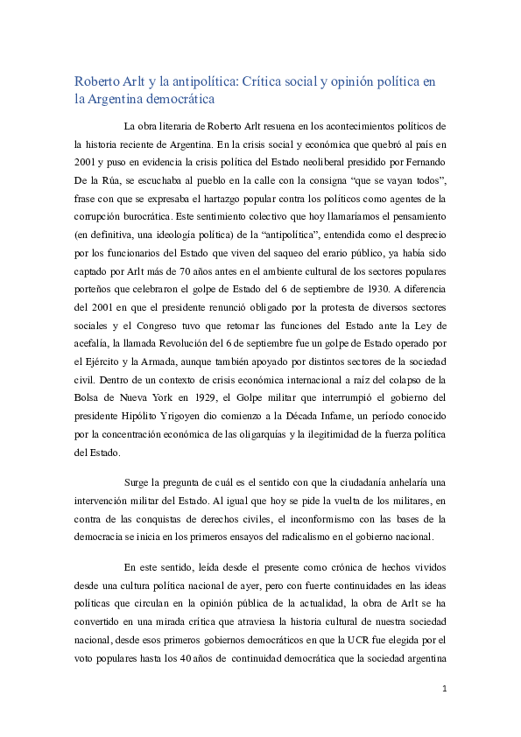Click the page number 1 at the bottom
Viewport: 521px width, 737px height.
[x=444, y=712]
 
